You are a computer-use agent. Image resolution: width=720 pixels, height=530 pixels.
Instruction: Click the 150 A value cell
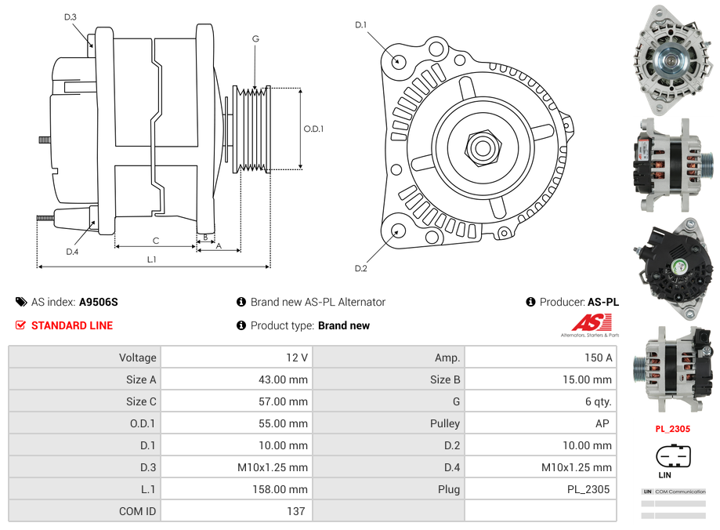599,358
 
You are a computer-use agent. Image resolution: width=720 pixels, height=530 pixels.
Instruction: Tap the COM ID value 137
295,511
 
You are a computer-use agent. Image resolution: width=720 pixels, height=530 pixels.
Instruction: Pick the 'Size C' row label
141,401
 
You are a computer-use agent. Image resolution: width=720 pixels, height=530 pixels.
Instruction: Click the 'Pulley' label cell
445,423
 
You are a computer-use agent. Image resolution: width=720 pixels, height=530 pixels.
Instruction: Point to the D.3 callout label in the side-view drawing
71,16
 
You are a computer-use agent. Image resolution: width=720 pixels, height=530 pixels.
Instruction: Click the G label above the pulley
255,38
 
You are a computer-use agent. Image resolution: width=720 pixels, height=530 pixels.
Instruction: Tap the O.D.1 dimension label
313,129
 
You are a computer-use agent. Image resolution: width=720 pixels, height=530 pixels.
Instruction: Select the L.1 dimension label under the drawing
151,260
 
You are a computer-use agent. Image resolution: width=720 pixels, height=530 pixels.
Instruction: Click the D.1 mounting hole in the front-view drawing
397,60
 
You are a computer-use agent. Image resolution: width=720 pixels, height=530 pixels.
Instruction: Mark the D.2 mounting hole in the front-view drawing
397,231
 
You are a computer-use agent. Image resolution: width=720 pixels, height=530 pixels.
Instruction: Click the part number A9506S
98,302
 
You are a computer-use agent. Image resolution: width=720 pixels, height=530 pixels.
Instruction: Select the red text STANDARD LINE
71,325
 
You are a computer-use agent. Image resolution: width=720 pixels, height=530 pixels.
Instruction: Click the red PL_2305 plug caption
672,429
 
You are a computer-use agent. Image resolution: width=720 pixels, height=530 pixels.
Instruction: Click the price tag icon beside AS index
20,302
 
